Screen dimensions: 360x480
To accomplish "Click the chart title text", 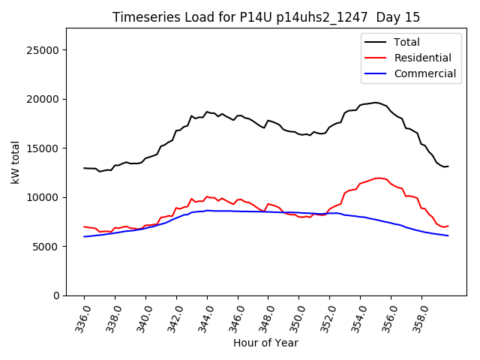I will tap(266, 17).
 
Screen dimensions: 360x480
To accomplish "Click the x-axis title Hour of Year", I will tap(266, 343).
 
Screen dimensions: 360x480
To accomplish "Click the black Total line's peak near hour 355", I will tap(376, 103).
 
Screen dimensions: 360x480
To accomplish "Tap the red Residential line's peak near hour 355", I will tap(378, 178).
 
